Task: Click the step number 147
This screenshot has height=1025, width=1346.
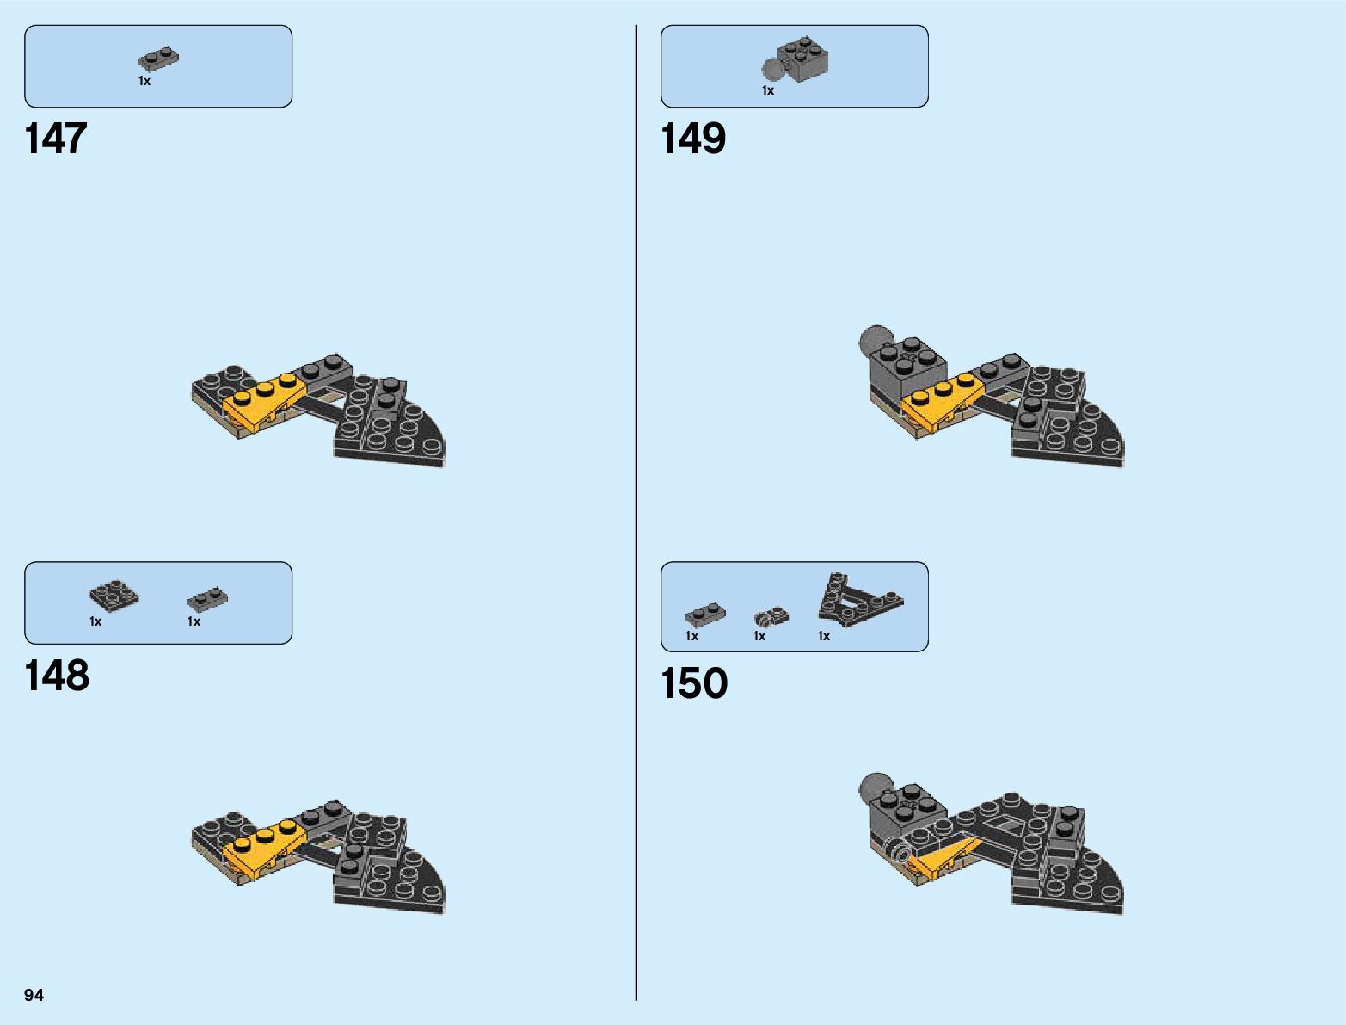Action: click(56, 139)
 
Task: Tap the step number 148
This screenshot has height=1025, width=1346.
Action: click(57, 676)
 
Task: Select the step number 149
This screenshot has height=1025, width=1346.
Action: click(693, 139)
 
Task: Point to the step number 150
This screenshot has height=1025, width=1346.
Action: click(694, 683)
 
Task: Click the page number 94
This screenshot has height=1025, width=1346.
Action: click(34, 995)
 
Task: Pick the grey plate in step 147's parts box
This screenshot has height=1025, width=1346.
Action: click(158, 60)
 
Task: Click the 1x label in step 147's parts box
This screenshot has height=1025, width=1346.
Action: click(144, 81)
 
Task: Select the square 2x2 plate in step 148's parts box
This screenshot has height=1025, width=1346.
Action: click(114, 595)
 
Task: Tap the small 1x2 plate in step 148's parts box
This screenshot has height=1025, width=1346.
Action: click(207, 597)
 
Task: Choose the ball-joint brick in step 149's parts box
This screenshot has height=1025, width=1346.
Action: click(797, 61)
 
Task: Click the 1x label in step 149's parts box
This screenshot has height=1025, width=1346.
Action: click(768, 90)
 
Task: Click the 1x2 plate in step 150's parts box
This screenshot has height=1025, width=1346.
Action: click(705, 614)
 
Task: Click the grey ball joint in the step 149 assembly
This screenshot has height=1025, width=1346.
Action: click(875, 340)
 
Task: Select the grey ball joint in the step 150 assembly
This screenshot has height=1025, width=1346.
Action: click(874, 787)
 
